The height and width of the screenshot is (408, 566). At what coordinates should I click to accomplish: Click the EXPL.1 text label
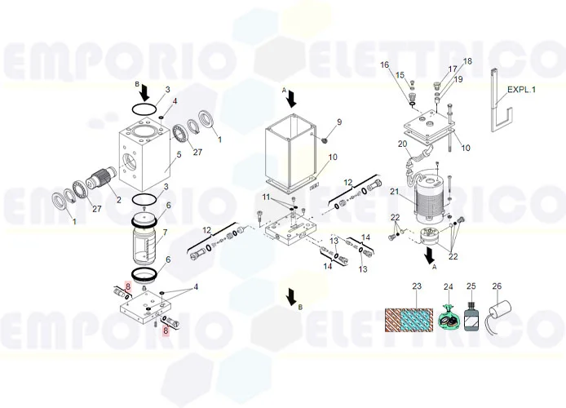click(521, 90)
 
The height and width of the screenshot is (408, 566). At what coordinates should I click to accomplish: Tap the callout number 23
click(417, 286)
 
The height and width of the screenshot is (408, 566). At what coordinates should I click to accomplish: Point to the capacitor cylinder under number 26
click(500, 311)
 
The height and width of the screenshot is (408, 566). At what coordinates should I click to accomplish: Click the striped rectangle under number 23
click(409, 320)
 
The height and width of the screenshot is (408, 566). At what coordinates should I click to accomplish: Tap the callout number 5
click(179, 155)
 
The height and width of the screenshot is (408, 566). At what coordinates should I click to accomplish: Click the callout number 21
click(394, 191)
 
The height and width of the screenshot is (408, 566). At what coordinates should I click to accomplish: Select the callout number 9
click(339, 122)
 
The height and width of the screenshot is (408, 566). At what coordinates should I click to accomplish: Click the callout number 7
click(165, 232)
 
